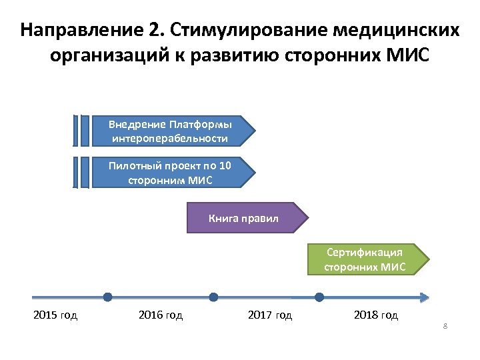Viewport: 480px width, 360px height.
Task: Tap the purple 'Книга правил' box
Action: [x=243, y=218]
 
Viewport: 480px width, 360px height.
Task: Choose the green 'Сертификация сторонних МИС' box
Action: [x=364, y=260]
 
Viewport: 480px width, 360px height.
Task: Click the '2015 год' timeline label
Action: [x=55, y=315]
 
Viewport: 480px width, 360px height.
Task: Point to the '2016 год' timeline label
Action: [x=161, y=315]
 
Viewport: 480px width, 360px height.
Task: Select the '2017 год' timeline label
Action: [x=269, y=315]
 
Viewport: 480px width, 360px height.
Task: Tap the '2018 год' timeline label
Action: [x=375, y=315]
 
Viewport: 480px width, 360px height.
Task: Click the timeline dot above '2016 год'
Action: [x=108, y=297]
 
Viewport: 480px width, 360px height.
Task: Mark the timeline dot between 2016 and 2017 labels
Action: [x=213, y=297]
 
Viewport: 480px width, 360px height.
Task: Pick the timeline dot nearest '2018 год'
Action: [x=319, y=297]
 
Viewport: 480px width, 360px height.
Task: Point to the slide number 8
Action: [x=444, y=326]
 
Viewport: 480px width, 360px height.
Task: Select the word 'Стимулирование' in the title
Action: [x=249, y=31]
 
